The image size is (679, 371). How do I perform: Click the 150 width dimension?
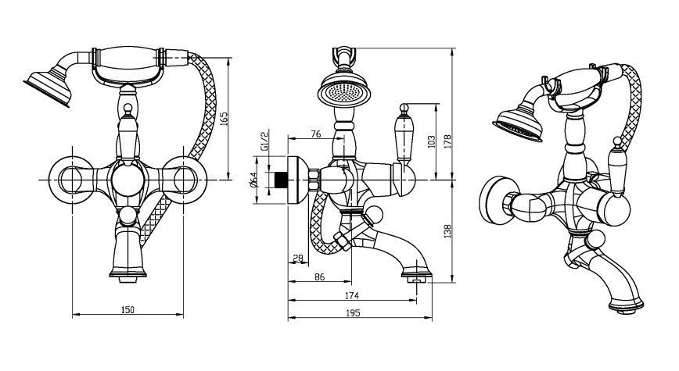128,309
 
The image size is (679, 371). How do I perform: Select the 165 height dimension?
225,118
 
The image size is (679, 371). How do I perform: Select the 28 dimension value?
298,259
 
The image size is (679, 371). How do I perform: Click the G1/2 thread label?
264,141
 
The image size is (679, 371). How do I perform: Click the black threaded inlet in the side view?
275,180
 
